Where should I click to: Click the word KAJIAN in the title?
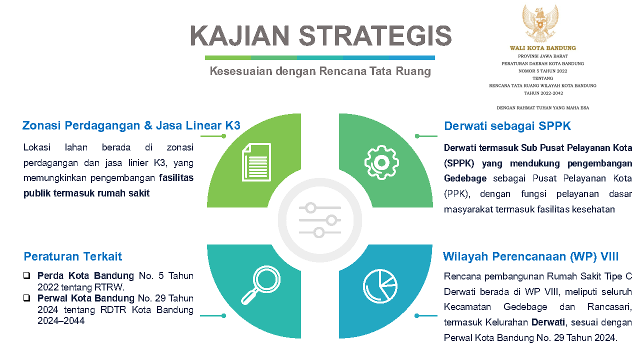click(x=240, y=35)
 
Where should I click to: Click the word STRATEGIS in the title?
click(x=375, y=35)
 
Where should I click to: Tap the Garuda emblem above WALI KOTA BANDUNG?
click(x=540, y=23)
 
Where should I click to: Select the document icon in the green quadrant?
click(x=256, y=162)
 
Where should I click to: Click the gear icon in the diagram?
click(x=381, y=162)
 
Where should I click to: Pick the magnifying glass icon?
click(x=261, y=285)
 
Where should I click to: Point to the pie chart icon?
click(x=380, y=286)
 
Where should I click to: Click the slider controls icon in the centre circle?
click(x=319, y=220)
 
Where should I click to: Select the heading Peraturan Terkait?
click(x=73, y=256)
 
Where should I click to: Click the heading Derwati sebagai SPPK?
click(x=507, y=126)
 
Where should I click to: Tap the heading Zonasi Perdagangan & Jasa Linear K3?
click(x=131, y=125)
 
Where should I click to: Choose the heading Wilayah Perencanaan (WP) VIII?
click(x=530, y=256)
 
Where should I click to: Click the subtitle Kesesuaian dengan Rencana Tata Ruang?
click(x=320, y=71)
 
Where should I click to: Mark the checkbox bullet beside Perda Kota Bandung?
click(x=27, y=275)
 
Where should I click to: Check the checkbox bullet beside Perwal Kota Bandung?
click(x=27, y=298)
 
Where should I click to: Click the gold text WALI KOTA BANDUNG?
click(x=543, y=48)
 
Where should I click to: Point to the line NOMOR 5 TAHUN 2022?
click(x=543, y=71)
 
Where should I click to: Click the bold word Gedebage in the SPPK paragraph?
click(x=465, y=178)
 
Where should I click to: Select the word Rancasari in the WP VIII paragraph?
click(x=609, y=307)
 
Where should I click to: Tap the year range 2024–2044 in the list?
click(x=61, y=321)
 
